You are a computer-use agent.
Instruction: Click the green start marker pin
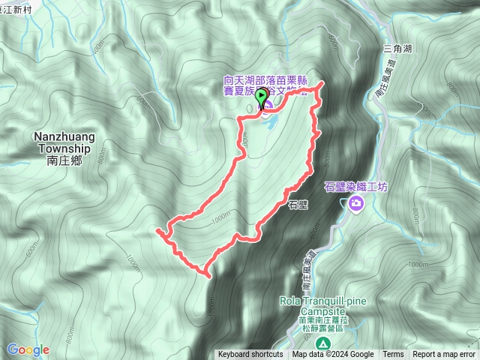pyautogui.click(x=261, y=98)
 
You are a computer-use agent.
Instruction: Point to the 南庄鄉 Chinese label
pyautogui.click(x=62, y=160)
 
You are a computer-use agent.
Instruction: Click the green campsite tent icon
pyautogui.click(x=322, y=343)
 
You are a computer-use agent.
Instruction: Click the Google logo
pyautogui.click(x=28, y=350)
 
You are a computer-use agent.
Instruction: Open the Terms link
pyautogui.click(x=393, y=355)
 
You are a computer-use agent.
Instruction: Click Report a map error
pyautogui.click(x=444, y=355)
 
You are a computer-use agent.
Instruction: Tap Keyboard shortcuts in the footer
pyautogui.click(x=250, y=355)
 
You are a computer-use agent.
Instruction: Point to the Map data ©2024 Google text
pyautogui.click(x=333, y=355)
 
